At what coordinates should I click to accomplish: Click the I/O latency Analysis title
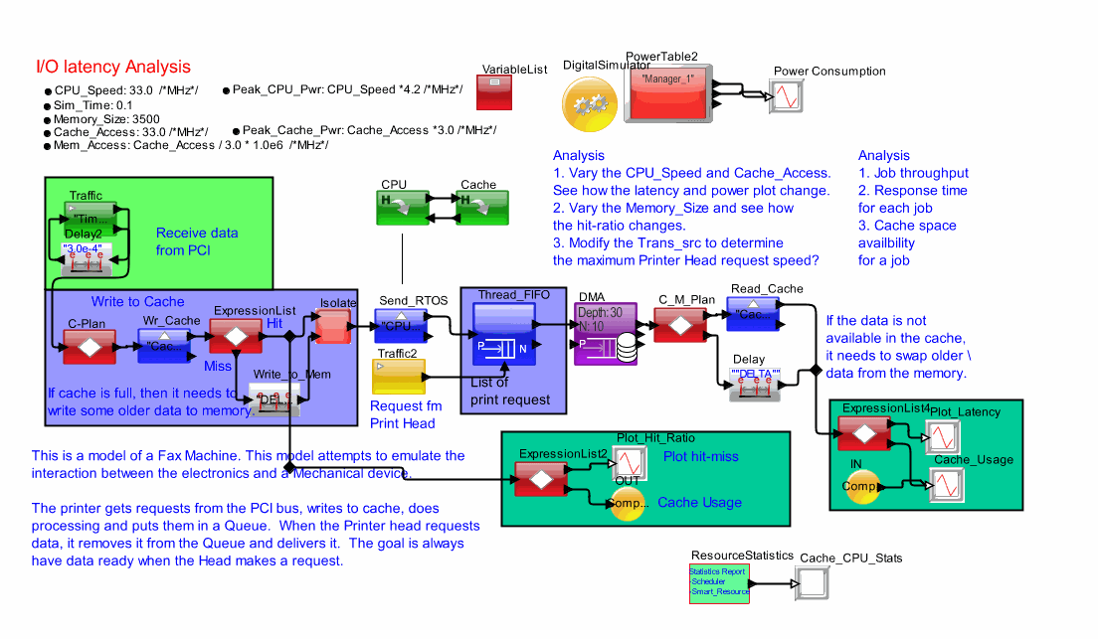click(x=112, y=68)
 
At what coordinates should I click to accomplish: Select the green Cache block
click(x=478, y=207)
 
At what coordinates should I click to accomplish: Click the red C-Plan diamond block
click(x=90, y=347)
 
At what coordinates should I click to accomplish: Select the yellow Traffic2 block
click(x=398, y=377)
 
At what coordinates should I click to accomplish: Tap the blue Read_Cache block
click(x=752, y=314)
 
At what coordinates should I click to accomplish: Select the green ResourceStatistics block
click(x=719, y=583)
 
